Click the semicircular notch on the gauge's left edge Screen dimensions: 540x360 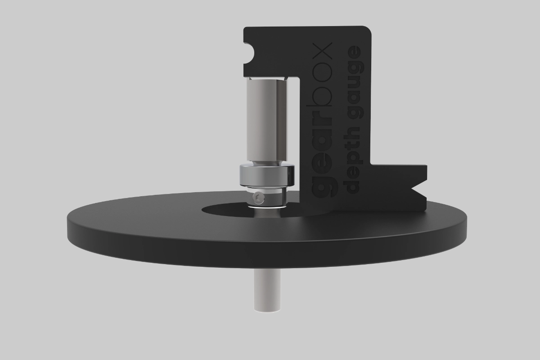tap(248, 53)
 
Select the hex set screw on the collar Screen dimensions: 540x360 tap(258, 198)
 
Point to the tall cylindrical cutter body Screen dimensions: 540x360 tap(267, 120)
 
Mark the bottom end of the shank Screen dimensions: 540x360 tap(267, 311)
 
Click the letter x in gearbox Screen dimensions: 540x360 tap(322, 51)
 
